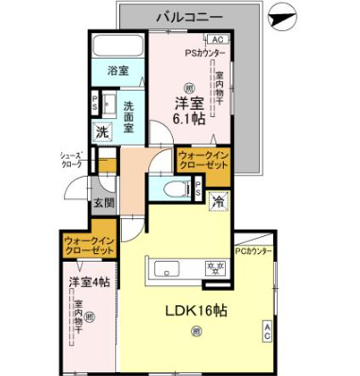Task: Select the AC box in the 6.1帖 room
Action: tap(216, 40)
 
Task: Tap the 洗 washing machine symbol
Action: tap(102, 133)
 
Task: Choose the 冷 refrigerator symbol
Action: tap(217, 200)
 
